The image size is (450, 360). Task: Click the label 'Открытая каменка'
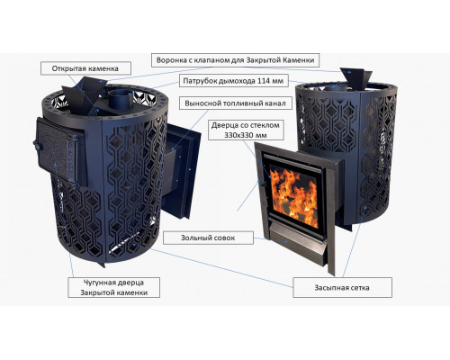(85, 68)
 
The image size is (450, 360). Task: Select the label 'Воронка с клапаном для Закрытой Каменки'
(235, 60)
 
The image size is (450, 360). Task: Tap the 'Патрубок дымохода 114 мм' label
(234, 81)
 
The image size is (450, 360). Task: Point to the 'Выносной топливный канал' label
(236, 103)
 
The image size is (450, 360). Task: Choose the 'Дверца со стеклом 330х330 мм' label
(246, 130)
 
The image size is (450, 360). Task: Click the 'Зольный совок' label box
(208, 238)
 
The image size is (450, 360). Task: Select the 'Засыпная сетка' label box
(342, 287)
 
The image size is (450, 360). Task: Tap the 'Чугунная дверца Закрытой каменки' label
(114, 287)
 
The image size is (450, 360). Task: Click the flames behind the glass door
(293, 195)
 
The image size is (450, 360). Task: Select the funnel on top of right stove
(355, 79)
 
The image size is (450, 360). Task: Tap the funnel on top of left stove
(85, 94)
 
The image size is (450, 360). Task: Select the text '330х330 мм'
(246, 135)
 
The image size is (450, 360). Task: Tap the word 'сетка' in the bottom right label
(360, 288)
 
